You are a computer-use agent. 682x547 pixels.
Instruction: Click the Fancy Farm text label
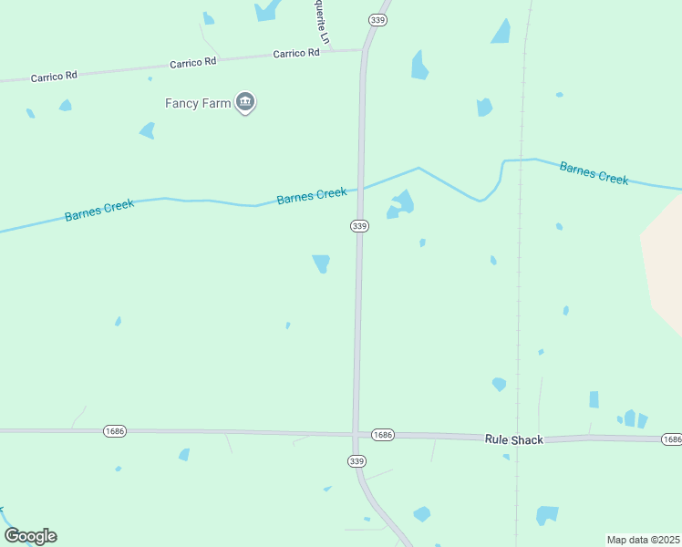[198, 103]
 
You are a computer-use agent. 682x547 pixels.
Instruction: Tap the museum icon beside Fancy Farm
[244, 102]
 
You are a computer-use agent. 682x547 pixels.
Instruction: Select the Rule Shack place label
[513, 439]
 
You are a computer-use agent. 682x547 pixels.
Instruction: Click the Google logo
[30, 536]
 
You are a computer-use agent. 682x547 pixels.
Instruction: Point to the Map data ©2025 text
[643, 540]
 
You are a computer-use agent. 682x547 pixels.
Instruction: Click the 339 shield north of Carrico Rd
[378, 20]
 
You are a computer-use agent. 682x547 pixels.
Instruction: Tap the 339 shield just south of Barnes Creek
[359, 226]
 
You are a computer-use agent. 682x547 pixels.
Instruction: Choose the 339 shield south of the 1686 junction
[356, 462]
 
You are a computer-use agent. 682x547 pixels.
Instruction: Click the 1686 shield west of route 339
[115, 431]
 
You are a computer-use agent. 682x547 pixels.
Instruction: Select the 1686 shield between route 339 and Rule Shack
[383, 436]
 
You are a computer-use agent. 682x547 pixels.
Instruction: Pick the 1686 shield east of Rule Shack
[672, 439]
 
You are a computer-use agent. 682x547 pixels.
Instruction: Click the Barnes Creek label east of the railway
[594, 173]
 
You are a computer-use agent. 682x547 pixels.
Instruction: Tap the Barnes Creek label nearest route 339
[312, 195]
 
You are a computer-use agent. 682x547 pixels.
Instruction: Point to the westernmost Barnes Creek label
[99, 211]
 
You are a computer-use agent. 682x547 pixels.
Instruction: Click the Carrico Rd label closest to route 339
[296, 54]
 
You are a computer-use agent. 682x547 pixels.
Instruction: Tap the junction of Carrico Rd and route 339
[363, 51]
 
